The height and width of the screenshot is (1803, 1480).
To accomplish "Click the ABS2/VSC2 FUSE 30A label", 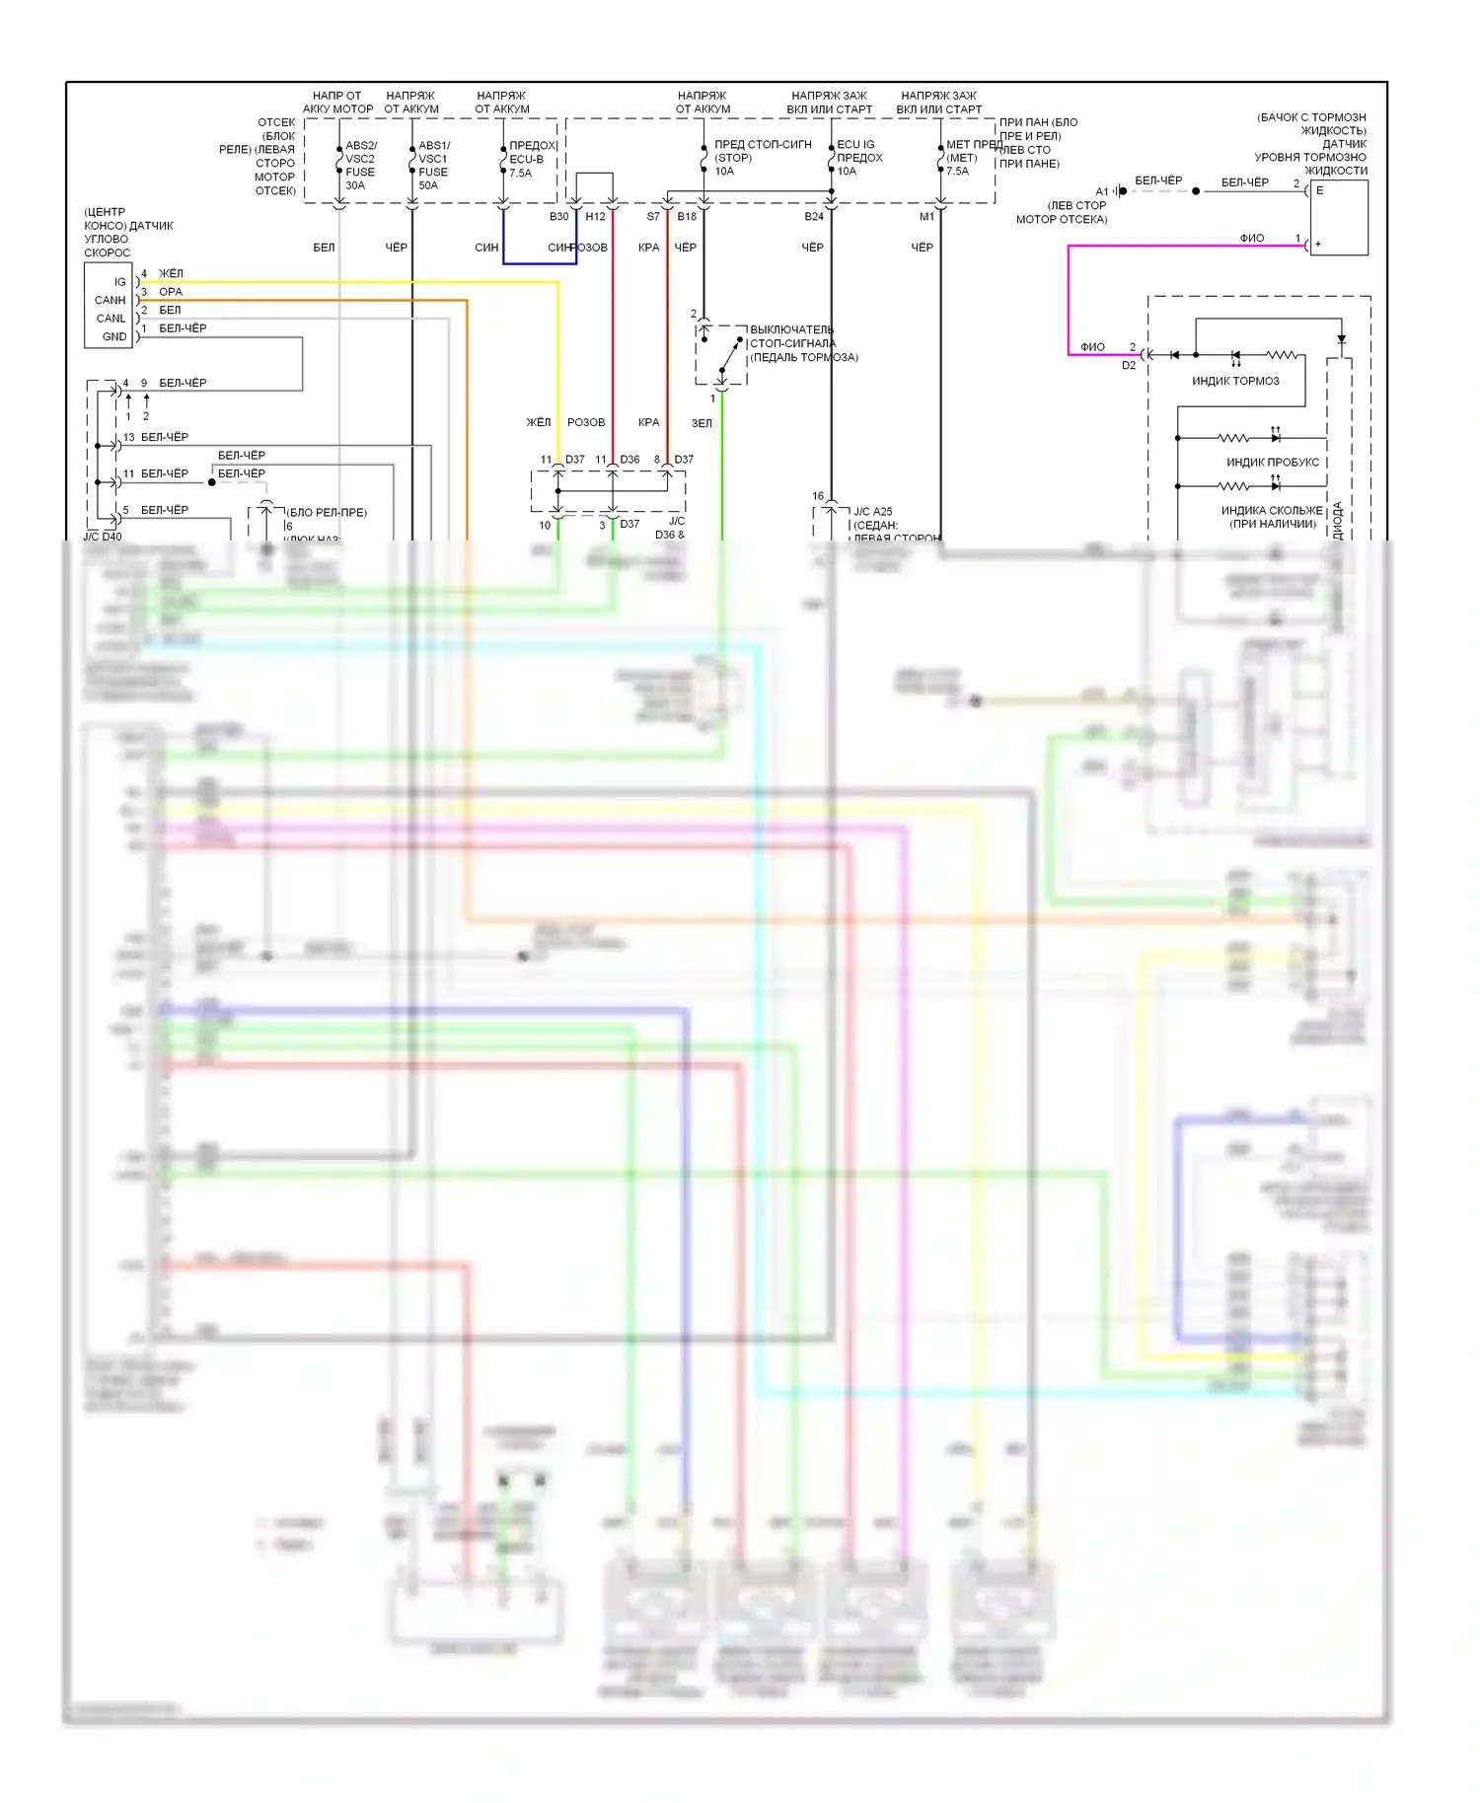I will point(360,165).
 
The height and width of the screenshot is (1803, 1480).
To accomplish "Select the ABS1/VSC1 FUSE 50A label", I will point(433,165).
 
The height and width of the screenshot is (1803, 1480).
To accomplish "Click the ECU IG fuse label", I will point(855,144).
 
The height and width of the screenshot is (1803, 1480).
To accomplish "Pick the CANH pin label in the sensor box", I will point(111,300).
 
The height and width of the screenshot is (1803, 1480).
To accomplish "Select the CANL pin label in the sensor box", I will point(111,319).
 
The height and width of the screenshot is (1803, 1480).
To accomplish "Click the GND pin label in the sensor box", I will point(114,336).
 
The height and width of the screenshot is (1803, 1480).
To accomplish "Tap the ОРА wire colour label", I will point(171,292).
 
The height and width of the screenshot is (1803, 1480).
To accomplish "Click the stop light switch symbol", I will point(722,354).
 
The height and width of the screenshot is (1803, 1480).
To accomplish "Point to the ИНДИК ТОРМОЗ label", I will point(1235,381).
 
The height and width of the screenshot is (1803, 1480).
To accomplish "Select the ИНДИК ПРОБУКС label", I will point(1272,462).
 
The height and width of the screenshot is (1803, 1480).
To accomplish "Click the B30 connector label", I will point(558,217).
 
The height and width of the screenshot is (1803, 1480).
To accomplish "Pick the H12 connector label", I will point(595,217).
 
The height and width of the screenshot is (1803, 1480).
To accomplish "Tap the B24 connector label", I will point(813,217).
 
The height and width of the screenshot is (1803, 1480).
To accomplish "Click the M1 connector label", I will point(926,217).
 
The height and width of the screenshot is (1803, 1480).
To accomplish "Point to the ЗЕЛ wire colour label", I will point(702,423).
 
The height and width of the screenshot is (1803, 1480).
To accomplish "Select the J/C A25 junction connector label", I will point(872,512).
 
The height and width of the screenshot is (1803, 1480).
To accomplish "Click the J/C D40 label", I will point(103,537).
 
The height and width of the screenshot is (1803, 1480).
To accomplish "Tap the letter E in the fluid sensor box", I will point(1319,190).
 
